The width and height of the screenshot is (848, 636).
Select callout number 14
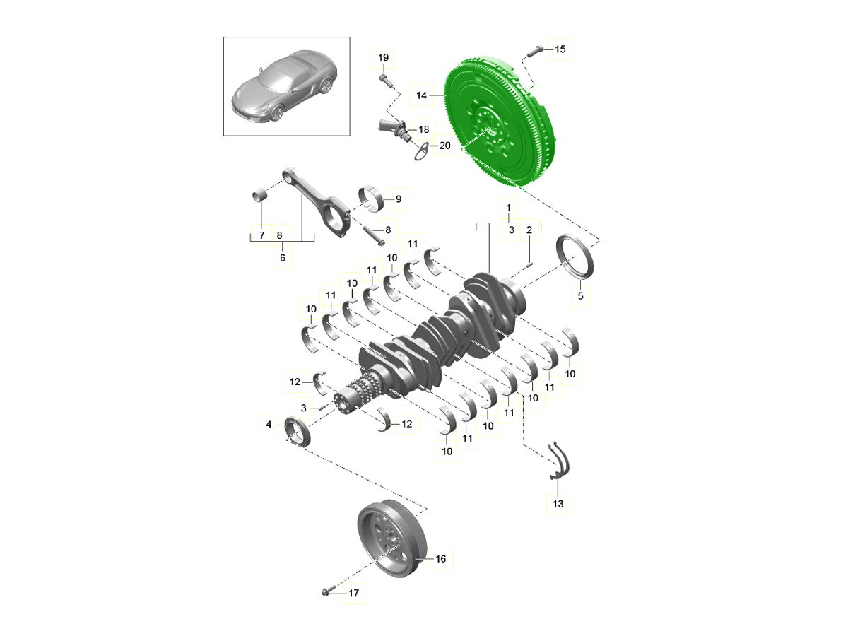tap(421, 95)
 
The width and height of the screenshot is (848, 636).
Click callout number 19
tap(383, 57)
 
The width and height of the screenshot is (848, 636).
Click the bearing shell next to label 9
tap(371, 199)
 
